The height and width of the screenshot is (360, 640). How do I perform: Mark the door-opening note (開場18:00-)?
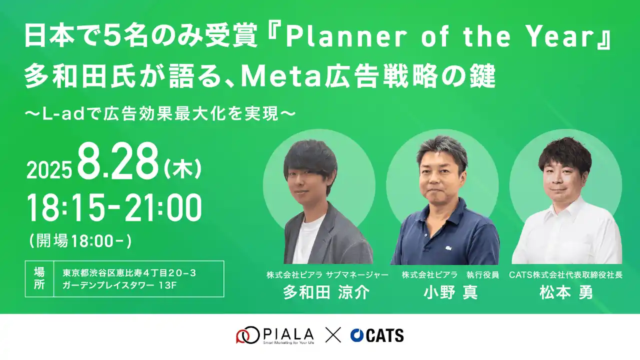point(80,241)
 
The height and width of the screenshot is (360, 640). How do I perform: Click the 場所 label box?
point(39,278)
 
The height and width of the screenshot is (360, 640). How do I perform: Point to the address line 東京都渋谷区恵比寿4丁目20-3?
point(129,273)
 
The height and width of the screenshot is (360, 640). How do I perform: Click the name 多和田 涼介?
point(326,292)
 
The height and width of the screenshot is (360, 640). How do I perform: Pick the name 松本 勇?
point(566,292)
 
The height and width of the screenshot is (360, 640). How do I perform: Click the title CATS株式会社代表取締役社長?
point(566,275)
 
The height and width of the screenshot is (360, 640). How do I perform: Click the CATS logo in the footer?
point(377,335)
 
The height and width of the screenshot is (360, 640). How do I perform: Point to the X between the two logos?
point(333,335)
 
